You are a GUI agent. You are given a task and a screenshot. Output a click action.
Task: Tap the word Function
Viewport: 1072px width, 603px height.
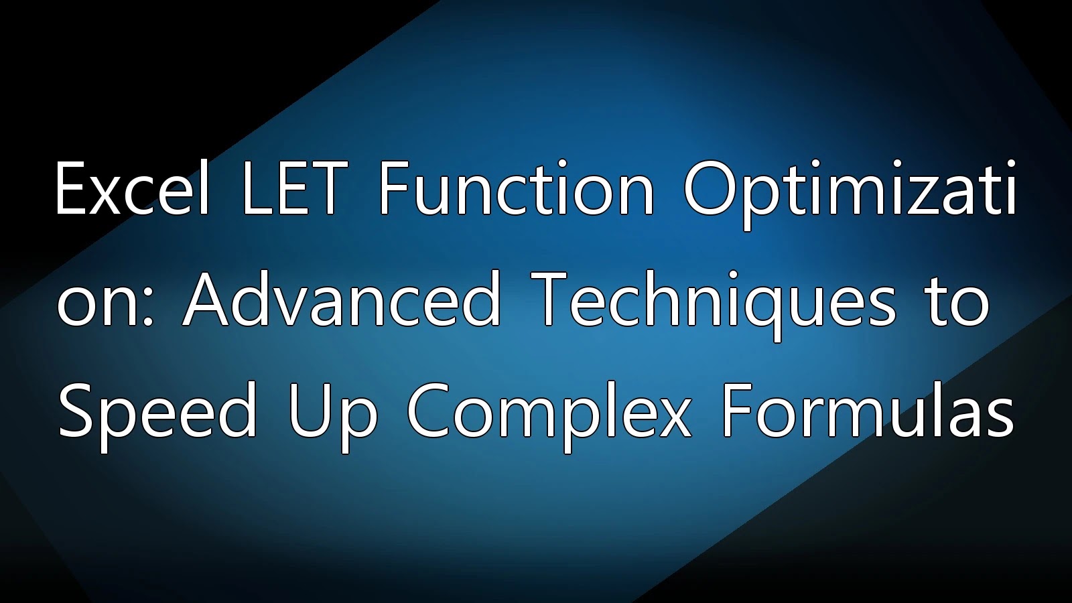tap(517, 188)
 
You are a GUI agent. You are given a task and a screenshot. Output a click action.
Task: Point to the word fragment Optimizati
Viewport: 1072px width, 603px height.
tap(850, 194)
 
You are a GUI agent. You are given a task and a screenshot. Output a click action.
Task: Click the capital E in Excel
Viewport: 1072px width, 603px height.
tap(72, 188)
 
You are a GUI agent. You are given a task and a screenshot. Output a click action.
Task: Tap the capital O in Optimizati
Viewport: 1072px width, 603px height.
tap(710, 188)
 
